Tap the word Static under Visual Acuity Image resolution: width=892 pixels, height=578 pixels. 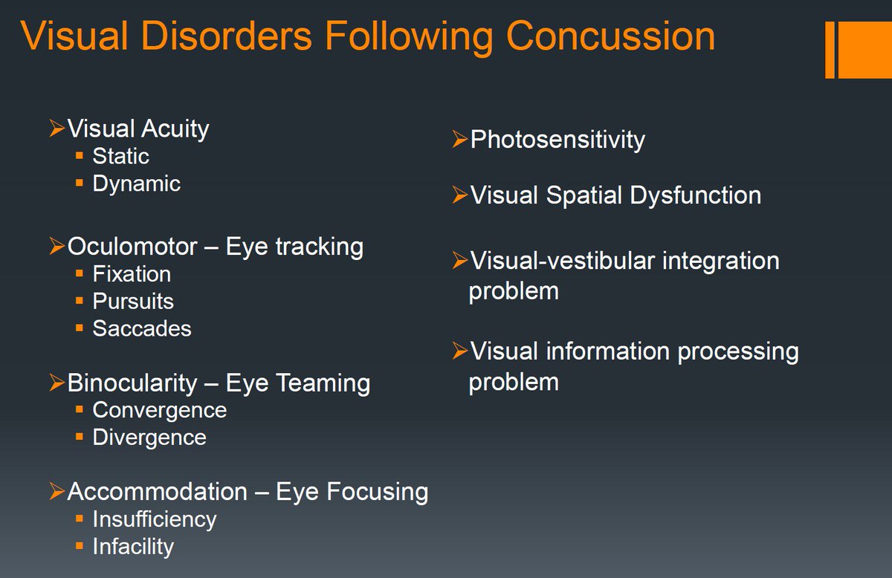[x=120, y=156]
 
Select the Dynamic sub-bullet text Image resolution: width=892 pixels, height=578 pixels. [x=136, y=184]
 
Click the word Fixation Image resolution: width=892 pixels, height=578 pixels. [x=132, y=274]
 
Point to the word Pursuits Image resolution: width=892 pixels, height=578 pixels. [x=133, y=302]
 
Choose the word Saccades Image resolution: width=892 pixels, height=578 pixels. [x=141, y=328]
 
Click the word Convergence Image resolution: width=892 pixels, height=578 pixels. [x=159, y=410]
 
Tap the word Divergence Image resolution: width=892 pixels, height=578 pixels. [x=149, y=437]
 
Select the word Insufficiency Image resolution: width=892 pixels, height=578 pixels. [x=154, y=519]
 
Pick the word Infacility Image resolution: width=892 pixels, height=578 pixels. [x=133, y=546]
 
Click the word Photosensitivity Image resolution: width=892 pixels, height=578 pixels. [x=557, y=139]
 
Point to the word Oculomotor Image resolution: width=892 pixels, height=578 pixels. [x=132, y=246]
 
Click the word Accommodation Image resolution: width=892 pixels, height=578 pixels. [x=157, y=491]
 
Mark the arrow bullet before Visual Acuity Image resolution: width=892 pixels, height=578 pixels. [x=56, y=129]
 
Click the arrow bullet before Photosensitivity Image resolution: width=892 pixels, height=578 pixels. [x=460, y=139]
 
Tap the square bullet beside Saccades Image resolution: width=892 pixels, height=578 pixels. [x=79, y=328]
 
